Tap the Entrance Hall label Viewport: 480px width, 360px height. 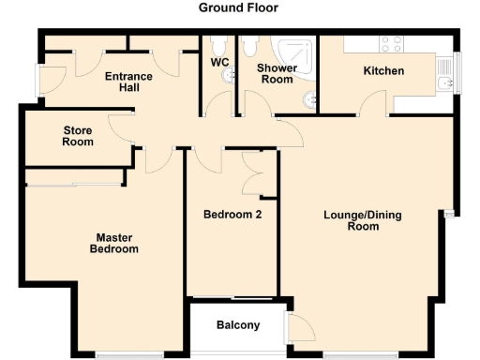click(x=129, y=83)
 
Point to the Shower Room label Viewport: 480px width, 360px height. click(x=277, y=74)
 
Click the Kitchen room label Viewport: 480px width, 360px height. click(x=383, y=71)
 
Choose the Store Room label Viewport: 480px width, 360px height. click(x=78, y=136)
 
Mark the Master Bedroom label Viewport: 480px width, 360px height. click(x=113, y=243)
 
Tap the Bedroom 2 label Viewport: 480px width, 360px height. click(x=232, y=215)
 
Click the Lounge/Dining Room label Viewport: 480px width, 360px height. click(x=362, y=220)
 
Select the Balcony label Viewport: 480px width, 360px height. click(x=237, y=326)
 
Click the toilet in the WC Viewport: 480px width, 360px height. click(x=218, y=45)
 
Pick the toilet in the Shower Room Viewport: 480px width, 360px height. click(x=250, y=47)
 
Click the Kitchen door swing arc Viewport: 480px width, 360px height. click(x=375, y=104)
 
